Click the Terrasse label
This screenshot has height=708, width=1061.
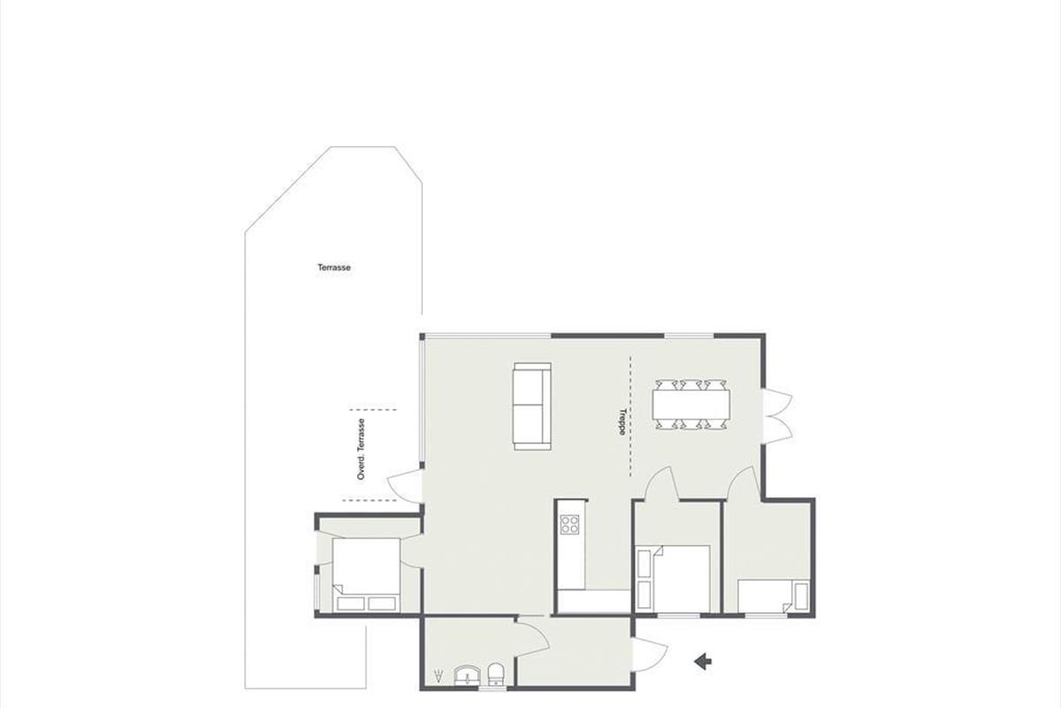334,267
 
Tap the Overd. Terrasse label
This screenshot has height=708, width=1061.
362,449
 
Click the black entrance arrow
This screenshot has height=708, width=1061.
703,661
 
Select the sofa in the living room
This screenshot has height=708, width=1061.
532,406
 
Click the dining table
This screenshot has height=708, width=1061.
691,404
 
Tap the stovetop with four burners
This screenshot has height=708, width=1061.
569,525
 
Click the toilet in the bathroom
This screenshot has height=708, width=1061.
495,674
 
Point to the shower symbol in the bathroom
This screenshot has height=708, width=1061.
439,676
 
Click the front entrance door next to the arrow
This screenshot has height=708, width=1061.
650,655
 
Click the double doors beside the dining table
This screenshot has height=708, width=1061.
778,416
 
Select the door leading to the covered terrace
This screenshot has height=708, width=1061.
403,486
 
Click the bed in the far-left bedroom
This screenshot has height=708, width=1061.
366,574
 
